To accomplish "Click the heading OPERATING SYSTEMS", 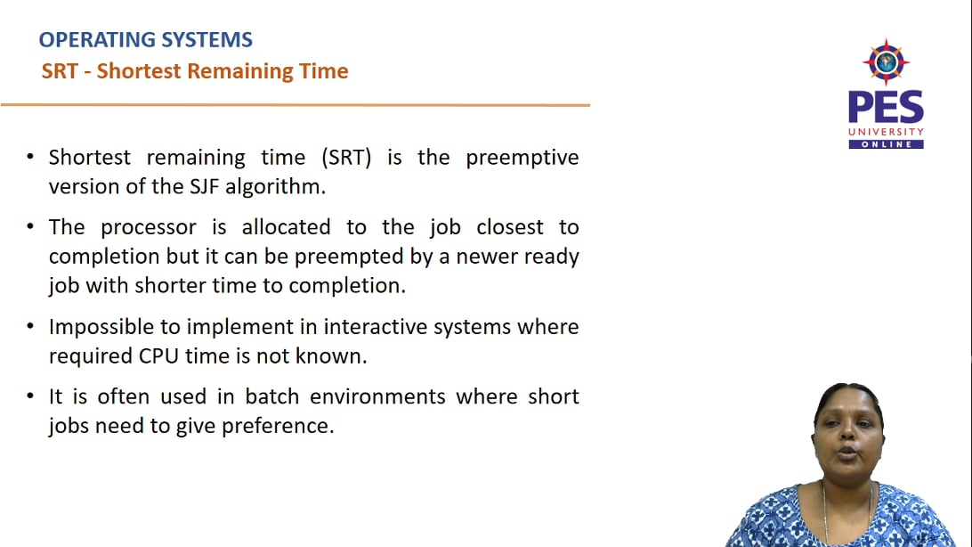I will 146,40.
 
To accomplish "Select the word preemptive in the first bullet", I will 522,158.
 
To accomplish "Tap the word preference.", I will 281,426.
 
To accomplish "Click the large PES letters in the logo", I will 885,108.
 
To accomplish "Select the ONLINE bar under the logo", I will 886,144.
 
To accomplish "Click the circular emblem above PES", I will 885,62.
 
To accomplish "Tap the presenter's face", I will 846,445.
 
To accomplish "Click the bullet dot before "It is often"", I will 30,396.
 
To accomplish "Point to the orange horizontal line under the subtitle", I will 294,105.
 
